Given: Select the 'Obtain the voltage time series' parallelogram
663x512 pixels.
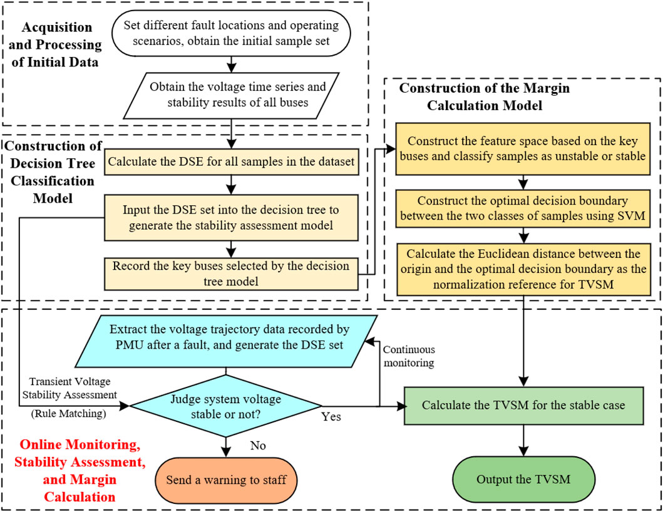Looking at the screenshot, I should [x=232, y=93].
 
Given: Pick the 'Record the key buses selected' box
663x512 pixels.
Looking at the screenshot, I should [x=232, y=273].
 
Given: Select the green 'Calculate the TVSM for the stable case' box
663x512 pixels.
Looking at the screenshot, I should [x=523, y=405].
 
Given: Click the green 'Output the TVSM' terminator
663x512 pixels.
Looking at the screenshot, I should [x=523, y=479].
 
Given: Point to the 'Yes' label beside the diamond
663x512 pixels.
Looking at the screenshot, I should [x=331, y=417].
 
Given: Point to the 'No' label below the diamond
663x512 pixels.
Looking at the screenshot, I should [x=258, y=446].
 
